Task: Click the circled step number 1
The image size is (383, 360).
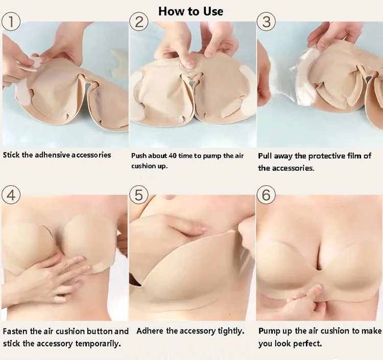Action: coord(11,21)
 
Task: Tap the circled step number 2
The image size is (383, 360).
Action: coord(139,22)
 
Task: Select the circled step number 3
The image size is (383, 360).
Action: coord(267,22)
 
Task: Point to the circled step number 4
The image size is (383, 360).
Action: coord(11,196)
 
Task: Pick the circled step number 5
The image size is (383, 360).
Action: coord(138,196)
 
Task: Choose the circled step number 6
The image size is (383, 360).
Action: coord(266,196)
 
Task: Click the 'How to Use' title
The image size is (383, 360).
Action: coord(191,11)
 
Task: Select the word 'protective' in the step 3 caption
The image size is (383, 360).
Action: coord(327,156)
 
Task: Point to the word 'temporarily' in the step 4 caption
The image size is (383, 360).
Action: coord(98,344)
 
